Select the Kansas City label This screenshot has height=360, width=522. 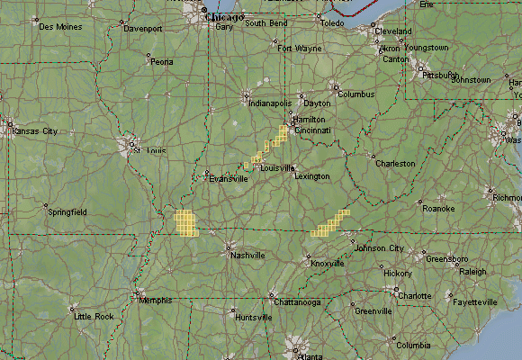click(x=34, y=131)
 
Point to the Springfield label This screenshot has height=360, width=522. click(x=68, y=212)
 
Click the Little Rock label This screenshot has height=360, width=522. click(x=94, y=317)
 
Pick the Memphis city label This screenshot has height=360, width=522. click(x=156, y=301)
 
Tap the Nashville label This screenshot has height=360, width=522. click(x=247, y=256)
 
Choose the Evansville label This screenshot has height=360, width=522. click(x=228, y=178)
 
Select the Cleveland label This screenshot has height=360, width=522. click(x=392, y=31)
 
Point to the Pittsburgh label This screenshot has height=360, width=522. click(x=441, y=75)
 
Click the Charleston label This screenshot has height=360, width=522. click(x=395, y=164)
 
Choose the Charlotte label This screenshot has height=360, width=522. click(x=415, y=295)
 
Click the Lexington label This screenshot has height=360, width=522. click(x=311, y=176)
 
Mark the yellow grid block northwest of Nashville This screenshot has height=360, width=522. click(x=185, y=222)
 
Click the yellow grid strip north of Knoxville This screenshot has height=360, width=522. click(x=330, y=221)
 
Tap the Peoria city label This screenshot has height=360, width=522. click(x=162, y=62)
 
